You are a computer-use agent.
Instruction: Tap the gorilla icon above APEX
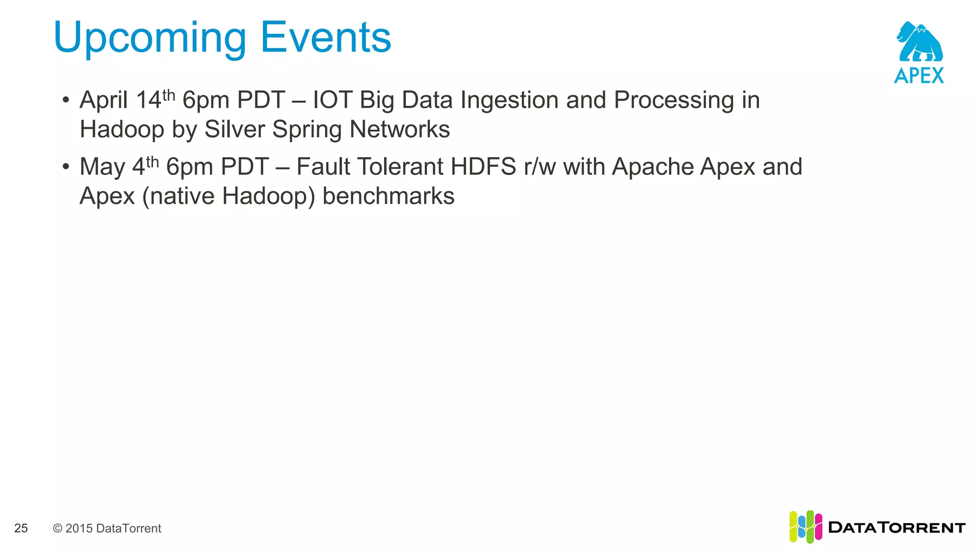[x=920, y=42]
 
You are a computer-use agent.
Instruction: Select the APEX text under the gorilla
[x=919, y=76]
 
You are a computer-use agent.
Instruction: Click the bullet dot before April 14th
[x=66, y=101]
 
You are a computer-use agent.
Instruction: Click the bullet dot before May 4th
[x=66, y=167]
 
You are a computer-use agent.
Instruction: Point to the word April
[x=104, y=101]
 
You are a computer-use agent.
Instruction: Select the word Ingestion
[x=509, y=101]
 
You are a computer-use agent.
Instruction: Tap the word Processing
[x=674, y=101]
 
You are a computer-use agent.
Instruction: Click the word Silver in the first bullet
[x=234, y=129]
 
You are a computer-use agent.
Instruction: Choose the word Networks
[x=399, y=129]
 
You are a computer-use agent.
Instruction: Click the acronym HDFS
[x=483, y=167]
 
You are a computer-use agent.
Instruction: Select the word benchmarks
[x=388, y=196]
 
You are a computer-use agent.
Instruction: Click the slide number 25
[x=21, y=528]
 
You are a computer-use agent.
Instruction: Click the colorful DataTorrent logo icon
[x=805, y=527]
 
